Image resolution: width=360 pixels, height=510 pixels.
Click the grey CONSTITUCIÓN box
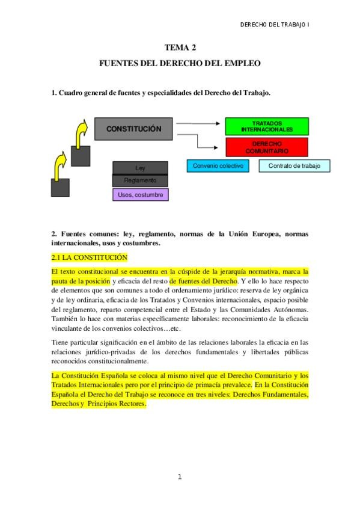pyautogui.click(x=133, y=129)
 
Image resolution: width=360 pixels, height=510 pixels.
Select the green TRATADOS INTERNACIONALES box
pyautogui.click(x=267, y=126)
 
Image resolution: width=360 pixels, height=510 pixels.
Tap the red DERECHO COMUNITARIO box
pyautogui.click(x=267, y=147)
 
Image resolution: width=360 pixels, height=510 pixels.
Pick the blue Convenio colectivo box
pyautogui.click(x=218, y=165)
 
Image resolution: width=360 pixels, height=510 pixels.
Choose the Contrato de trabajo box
pyautogui.click(x=294, y=165)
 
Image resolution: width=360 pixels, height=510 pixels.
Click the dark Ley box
pyautogui.click(x=140, y=168)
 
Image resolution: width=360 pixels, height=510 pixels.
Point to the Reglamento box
pyautogui.click(x=140, y=180)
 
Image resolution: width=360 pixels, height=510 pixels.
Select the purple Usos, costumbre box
pyautogui.click(x=140, y=195)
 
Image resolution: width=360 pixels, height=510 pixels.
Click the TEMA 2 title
pyautogui.click(x=180, y=47)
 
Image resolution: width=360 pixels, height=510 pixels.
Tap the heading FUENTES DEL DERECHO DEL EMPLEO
pyautogui.click(x=180, y=63)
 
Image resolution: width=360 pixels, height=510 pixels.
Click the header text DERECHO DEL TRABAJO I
pyautogui.click(x=275, y=25)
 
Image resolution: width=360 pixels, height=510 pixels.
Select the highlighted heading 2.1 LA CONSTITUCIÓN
pyautogui.click(x=90, y=257)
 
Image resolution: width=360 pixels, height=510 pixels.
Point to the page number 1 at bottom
pyautogui.click(x=179, y=477)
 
